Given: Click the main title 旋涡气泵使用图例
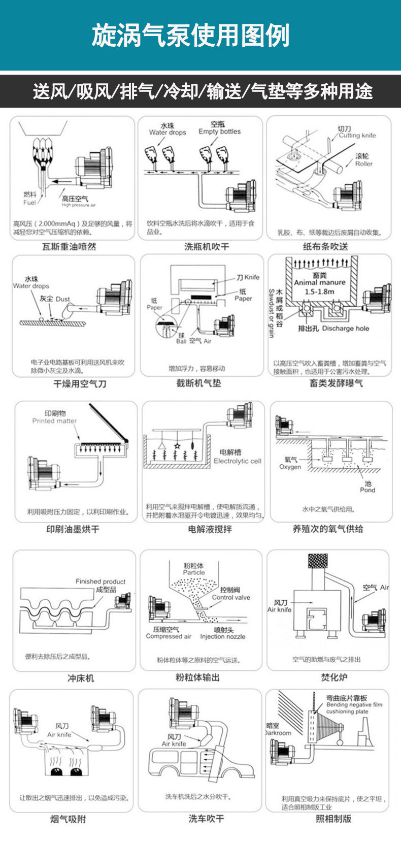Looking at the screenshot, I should tap(190, 36).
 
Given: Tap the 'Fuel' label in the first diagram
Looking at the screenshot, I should tap(29, 203).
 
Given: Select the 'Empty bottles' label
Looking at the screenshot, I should tap(220, 132).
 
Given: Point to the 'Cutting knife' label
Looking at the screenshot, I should tap(357, 136).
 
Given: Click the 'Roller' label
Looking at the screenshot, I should tap(363, 164).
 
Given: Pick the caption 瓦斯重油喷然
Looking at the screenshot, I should tap(69, 247).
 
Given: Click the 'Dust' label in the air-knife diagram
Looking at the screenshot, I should tap(63, 299).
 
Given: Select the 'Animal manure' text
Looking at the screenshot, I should tap(319, 283).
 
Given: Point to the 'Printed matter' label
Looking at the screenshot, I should tap(54, 421).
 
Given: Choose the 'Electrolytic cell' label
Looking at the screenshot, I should tap(237, 461).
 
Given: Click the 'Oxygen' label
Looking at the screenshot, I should tap(290, 467).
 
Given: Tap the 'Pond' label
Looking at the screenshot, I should tap(367, 490).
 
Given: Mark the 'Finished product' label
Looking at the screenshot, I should tap(101, 581).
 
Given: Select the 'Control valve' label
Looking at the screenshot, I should tap(231, 598).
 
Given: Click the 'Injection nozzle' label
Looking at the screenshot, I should tap(222, 636).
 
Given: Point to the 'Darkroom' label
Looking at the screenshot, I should tap(279, 733).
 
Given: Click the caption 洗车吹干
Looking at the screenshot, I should tap(206, 819).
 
